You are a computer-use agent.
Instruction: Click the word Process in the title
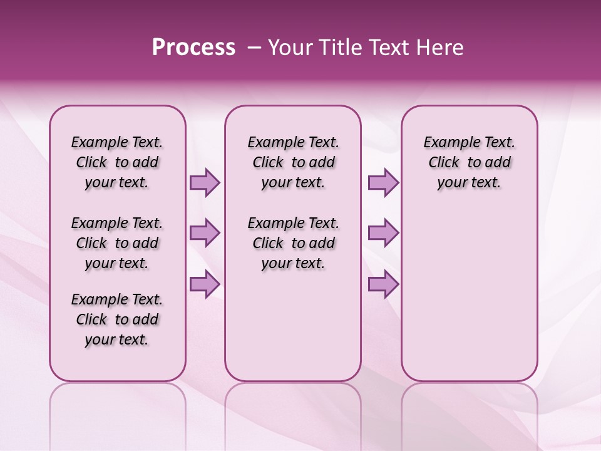tap(193, 48)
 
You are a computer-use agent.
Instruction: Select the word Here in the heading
tap(441, 48)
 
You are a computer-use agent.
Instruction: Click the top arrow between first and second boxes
tap(205, 182)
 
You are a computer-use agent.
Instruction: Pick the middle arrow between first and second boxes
tap(205, 233)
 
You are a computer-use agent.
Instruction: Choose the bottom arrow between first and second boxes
tap(205, 284)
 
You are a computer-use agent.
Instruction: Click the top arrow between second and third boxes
tap(383, 182)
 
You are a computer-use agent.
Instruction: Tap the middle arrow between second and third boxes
tap(383, 233)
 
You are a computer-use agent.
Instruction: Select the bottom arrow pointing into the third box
tap(383, 284)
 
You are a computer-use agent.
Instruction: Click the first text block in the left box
tap(117, 162)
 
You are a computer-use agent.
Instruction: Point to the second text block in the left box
tap(117, 243)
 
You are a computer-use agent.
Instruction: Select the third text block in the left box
tap(117, 319)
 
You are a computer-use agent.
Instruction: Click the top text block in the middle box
tap(293, 162)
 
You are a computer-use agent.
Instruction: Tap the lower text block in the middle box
tap(293, 243)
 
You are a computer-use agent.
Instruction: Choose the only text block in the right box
tap(469, 162)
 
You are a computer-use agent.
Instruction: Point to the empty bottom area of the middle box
tap(293, 326)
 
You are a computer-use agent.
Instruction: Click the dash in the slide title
tap(254, 48)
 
